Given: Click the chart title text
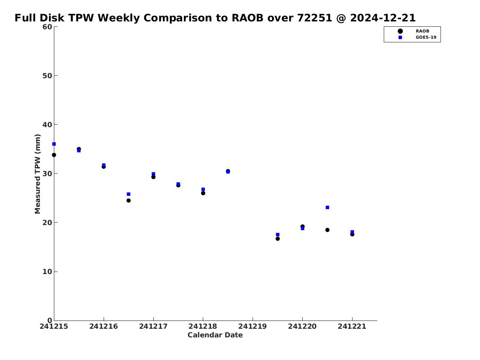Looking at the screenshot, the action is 215,18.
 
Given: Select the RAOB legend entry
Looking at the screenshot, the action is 413,31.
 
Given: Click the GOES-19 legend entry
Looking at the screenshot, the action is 417,37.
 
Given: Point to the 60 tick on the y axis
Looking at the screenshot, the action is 47,27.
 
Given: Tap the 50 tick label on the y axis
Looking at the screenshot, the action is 47,76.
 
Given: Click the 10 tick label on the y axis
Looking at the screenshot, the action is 47,272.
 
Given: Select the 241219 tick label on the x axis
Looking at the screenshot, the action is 253,327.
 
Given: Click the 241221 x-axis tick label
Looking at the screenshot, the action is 352,327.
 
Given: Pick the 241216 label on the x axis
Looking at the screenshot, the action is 104,327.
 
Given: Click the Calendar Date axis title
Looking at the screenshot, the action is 215,335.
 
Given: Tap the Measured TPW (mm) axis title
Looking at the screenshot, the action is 38,174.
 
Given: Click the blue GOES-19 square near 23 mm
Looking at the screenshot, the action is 327,207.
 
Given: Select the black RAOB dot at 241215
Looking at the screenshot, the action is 54,155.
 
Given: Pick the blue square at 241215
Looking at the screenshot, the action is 54,144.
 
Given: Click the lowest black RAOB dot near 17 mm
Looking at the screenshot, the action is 278,239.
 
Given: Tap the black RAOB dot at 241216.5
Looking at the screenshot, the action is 129,200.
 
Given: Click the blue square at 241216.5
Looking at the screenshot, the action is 129,194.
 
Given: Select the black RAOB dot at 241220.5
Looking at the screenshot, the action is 327,230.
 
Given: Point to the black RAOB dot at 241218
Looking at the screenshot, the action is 203,193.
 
